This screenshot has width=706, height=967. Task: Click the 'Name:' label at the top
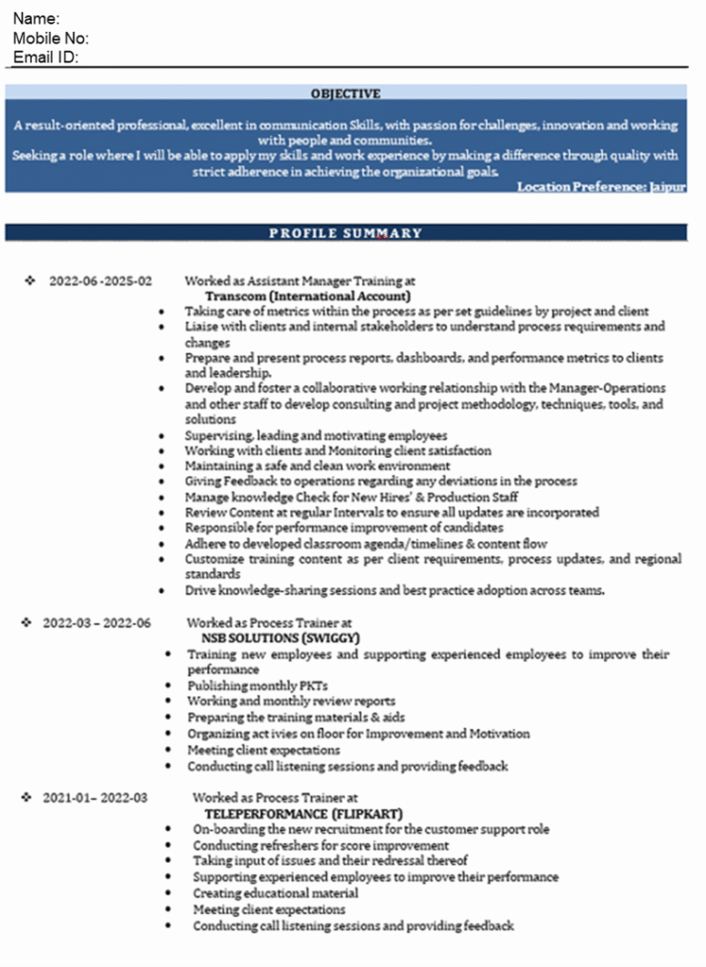pos(37,19)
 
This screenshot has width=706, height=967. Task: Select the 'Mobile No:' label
pos(51,39)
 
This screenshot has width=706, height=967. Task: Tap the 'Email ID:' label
pos(45,58)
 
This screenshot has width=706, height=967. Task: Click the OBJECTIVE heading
pos(345,93)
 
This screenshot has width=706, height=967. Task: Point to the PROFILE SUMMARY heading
pos(345,233)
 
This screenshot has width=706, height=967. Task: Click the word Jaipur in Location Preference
pos(667,187)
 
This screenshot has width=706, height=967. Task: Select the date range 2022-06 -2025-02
pos(100,281)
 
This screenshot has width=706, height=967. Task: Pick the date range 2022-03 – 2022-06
pos(96,623)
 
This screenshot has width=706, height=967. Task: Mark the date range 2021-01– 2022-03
pos(95,798)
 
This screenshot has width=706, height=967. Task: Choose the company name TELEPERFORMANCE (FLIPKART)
pos(303,813)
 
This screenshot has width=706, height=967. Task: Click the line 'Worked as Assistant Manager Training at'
pos(299,281)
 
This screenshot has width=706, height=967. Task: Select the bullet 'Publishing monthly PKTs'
pos(258,686)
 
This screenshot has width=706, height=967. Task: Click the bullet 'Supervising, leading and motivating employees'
pos(315,435)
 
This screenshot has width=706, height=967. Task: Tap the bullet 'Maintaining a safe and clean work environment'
pos(317,466)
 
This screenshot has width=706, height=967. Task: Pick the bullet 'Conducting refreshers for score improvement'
pos(321,845)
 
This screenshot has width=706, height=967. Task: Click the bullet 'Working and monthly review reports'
pos(291,702)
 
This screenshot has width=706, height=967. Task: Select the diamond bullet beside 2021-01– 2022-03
pos(26,798)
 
